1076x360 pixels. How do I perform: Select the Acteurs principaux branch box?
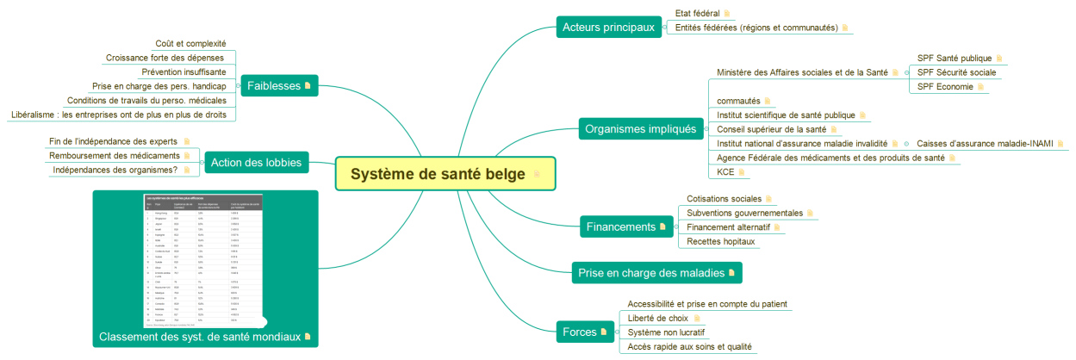coord(608,28)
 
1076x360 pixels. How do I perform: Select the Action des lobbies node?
coord(256,162)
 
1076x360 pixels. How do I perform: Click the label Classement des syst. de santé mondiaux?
coord(200,337)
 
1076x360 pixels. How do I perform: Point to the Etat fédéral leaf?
coord(697,13)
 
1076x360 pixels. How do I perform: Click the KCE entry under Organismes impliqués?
coord(725,172)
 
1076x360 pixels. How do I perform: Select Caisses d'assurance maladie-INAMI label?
coord(984,144)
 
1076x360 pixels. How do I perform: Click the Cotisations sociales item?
coord(724,199)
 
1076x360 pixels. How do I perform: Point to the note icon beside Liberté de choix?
coord(697,319)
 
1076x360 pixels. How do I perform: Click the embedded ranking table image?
coord(204,260)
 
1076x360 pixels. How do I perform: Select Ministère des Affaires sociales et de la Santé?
coord(802,72)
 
